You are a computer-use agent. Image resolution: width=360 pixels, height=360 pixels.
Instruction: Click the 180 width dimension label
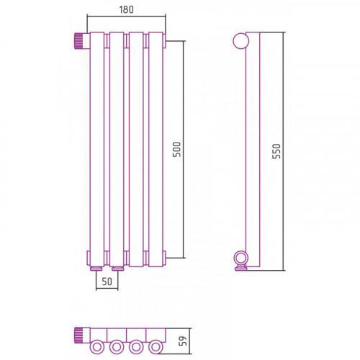coord(126,9)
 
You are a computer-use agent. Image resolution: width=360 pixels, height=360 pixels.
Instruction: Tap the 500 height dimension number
coord(176,149)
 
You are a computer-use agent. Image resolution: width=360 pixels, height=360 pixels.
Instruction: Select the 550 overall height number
coord(276,151)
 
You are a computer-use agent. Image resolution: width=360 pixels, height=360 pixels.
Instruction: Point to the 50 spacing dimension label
coord(107,282)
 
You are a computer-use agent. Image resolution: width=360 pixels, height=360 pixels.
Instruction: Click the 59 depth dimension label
coord(183,341)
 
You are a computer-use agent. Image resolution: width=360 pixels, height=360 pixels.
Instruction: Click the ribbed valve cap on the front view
coord(79,41)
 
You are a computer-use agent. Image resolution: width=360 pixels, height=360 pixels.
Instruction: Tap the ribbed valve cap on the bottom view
coord(79,336)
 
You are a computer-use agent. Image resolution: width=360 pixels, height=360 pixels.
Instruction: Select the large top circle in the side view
coord(241,40)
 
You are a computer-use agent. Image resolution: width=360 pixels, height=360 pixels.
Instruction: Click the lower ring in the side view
coord(240,258)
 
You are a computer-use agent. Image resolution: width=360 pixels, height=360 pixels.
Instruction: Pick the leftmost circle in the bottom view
coord(97,347)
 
